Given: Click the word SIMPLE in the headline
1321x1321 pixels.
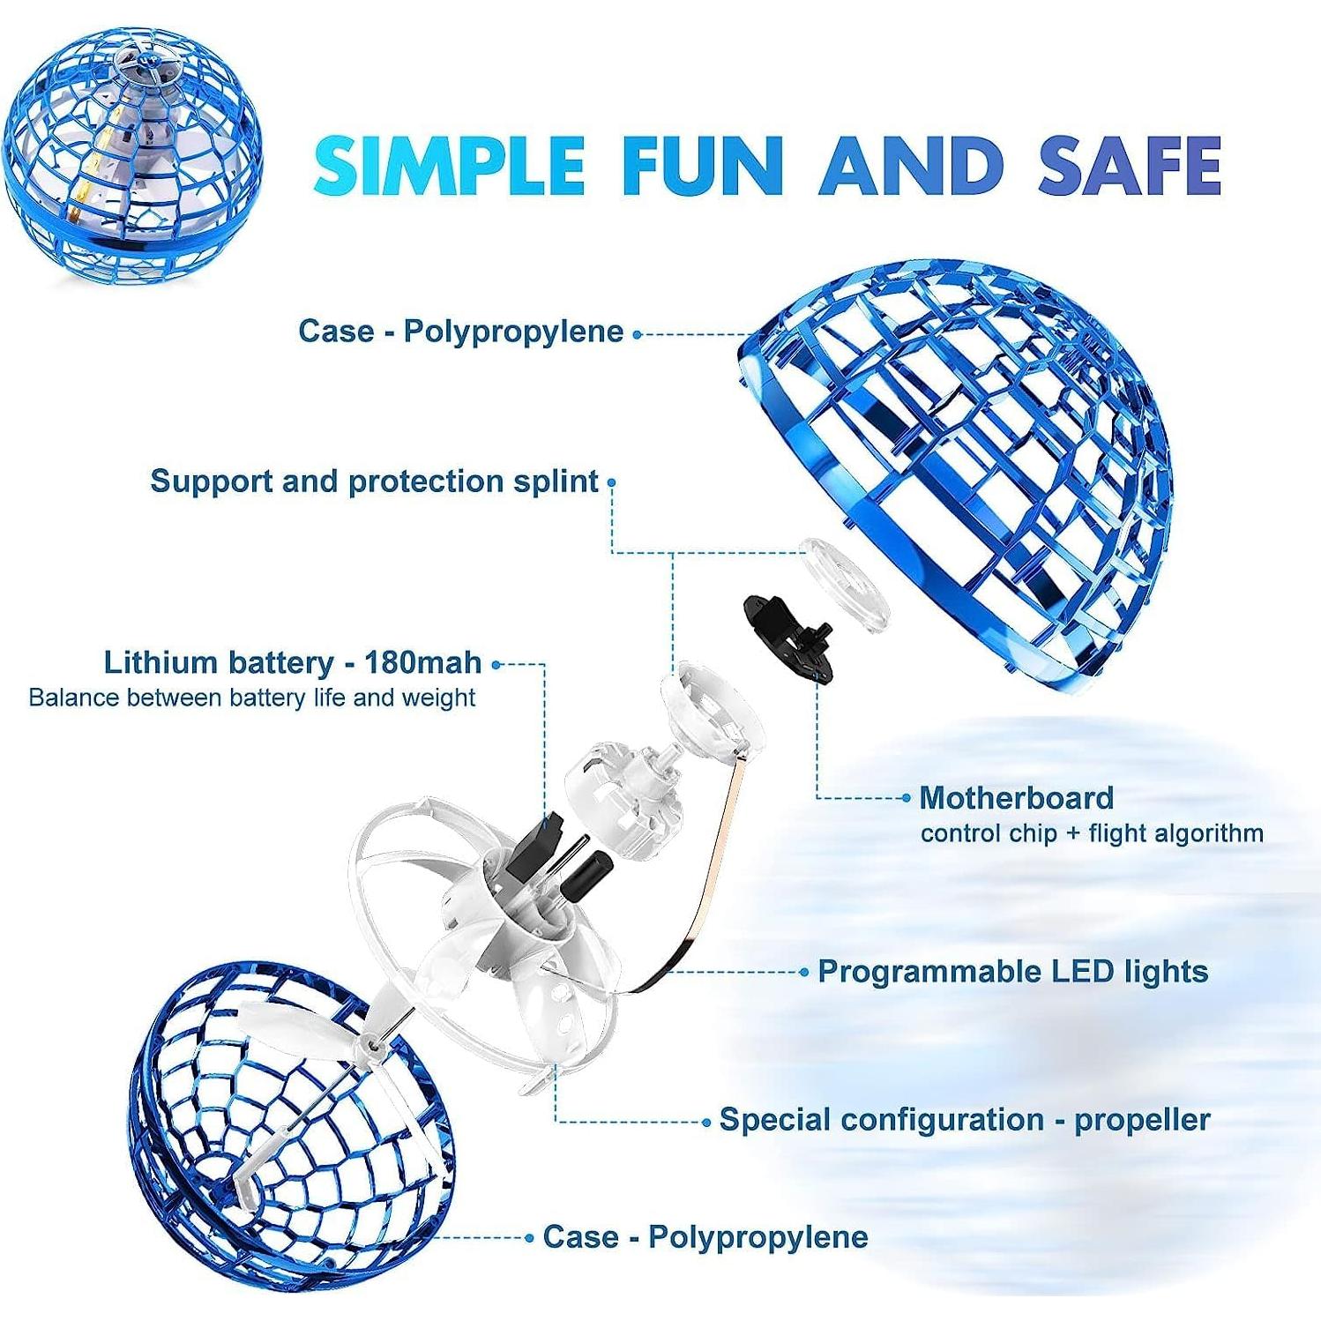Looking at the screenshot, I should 449,165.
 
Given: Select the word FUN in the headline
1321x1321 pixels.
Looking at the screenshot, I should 702,165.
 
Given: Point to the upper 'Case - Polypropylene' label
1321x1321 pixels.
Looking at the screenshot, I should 460,332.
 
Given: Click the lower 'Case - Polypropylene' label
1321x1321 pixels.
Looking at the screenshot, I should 705,1236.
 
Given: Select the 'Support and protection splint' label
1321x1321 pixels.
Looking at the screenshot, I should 374,481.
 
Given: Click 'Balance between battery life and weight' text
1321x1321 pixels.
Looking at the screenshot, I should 252,698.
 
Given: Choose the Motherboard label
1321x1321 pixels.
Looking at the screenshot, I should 1016,798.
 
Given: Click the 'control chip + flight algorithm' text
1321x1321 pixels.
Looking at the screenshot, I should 1092,833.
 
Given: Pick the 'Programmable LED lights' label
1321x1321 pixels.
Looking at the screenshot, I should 1012,972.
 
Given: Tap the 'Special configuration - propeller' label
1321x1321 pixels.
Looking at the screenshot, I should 965,1120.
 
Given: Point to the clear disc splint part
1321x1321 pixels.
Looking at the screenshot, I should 844,584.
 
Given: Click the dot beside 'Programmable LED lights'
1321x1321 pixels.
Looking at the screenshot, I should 803,972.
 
